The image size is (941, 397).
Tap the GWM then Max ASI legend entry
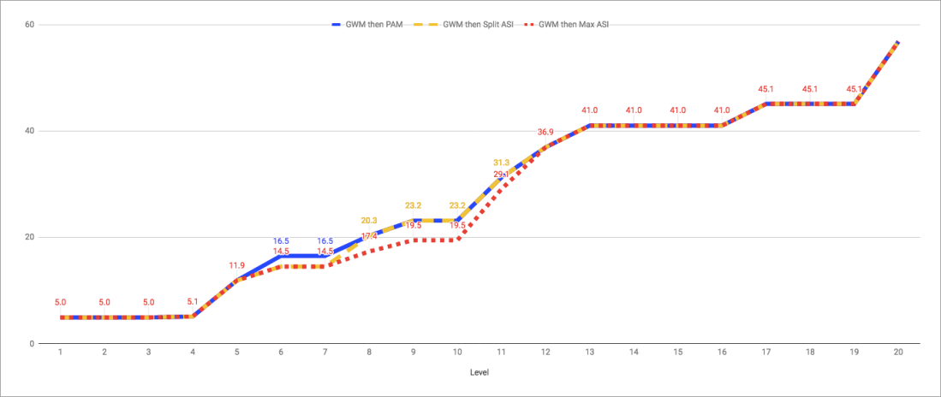pos(573,25)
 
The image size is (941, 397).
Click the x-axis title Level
pos(479,373)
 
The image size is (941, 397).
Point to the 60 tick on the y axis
pos(29,24)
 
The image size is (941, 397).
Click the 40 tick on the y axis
pos(29,131)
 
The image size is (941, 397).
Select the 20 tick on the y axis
pos(29,237)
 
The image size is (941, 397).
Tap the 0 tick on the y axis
pos(31,343)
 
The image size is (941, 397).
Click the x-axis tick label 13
pos(590,352)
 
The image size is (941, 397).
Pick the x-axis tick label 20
pos(897,352)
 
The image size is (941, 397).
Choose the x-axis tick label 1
pos(61,352)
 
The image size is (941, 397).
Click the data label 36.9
pos(545,132)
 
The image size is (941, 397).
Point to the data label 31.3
pos(502,162)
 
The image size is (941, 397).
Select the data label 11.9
pos(237,265)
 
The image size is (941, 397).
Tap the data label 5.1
pos(193,301)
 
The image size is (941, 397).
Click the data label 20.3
pos(370,220)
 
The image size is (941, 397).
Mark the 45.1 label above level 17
pos(766,89)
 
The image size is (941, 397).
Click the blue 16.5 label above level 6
pos(282,241)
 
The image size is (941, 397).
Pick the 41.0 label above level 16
pos(723,110)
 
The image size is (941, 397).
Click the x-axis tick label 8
pos(370,352)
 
